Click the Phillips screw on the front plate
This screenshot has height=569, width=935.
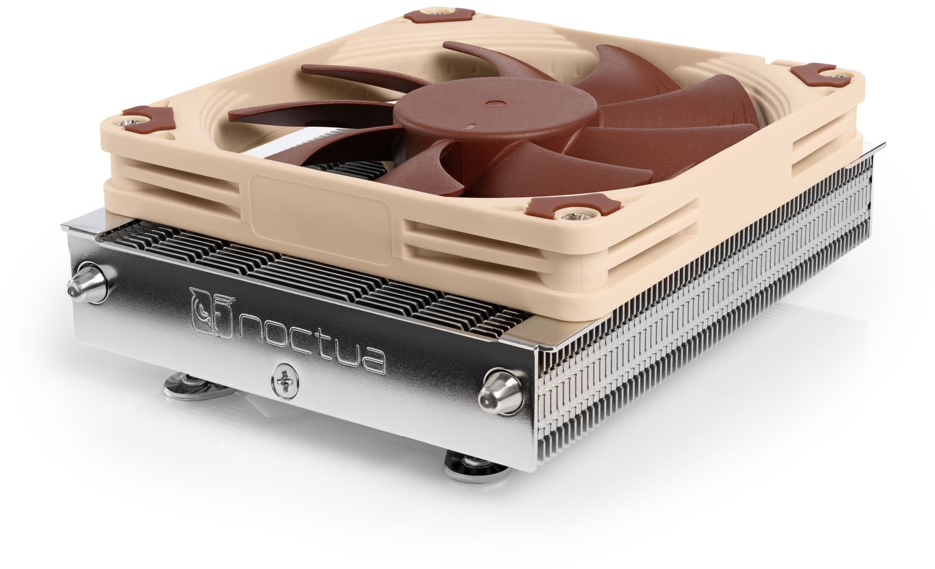[x=282, y=383]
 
